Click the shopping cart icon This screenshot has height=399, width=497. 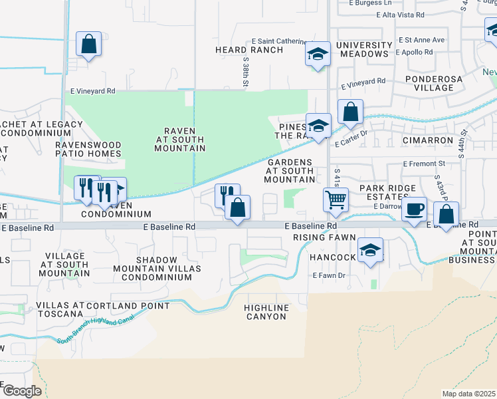(x=336, y=199)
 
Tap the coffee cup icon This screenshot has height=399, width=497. (x=415, y=209)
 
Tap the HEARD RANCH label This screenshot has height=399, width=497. (x=241, y=50)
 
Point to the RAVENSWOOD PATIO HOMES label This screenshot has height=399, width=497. (x=88, y=149)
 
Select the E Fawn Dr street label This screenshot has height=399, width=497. (x=329, y=275)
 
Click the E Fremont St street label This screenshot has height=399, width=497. (x=423, y=163)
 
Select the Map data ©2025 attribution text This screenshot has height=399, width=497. (x=469, y=394)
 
